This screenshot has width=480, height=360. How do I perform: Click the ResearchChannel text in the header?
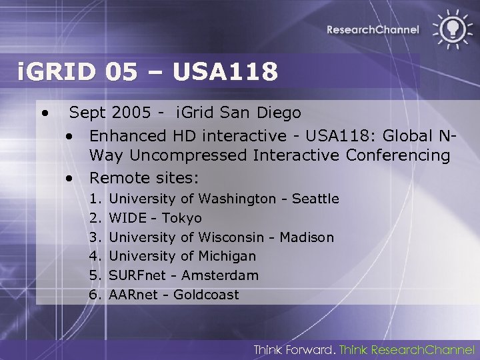click(x=373, y=29)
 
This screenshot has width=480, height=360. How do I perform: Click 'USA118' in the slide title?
click(x=225, y=71)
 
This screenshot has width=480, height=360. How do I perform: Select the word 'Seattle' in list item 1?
click(x=315, y=199)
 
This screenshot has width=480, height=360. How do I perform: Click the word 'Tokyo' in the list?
click(x=181, y=218)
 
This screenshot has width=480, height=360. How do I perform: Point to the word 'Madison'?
click(x=307, y=237)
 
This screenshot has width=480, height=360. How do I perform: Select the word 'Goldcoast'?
click(x=206, y=295)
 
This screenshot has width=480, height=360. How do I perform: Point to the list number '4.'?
click(x=94, y=256)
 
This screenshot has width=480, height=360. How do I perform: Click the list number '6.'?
click(x=94, y=295)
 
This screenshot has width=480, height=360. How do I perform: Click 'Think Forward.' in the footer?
click(x=294, y=349)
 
